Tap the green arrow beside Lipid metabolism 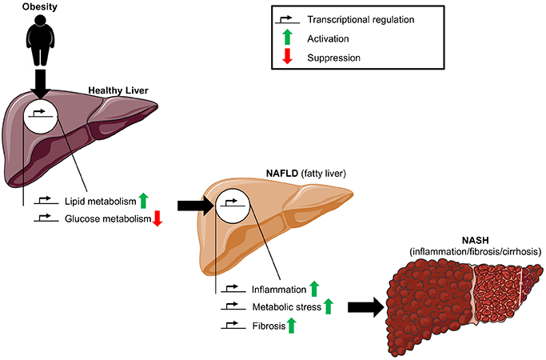pos(143,201)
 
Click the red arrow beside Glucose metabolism pos(157,218)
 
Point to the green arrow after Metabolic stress pos(328,306)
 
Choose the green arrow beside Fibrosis pos(291,325)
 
